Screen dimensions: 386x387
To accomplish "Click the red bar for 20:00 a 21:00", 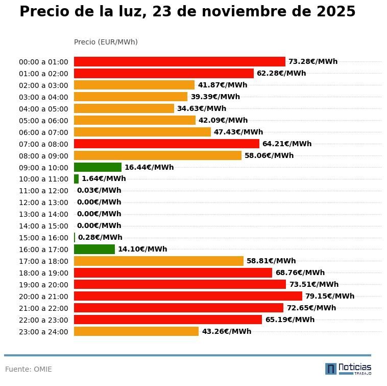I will click(x=188, y=296).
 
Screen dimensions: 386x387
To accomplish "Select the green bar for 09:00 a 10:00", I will click(x=98, y=167).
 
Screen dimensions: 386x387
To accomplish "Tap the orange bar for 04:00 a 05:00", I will click(x=124, y=108).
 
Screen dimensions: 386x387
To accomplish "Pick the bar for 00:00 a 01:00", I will click(x=179, y=61).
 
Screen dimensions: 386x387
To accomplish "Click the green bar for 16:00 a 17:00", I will click(x=94, y=249).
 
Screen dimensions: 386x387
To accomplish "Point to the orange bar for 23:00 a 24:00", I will click(x=136, y=331).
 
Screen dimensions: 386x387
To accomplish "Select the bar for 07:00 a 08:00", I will click(x=166, y=144).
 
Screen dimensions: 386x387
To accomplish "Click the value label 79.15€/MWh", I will click(x=330, y=296).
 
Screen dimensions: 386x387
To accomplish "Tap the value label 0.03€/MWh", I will click(x=99, y=191).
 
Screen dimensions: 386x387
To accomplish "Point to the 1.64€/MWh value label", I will click(x=104, y=179).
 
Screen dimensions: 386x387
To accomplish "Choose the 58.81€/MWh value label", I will click(x=271, y=261).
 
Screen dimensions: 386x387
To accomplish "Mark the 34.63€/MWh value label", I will click(x=202, y=108).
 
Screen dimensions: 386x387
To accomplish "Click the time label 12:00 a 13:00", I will click(x=43, y=202).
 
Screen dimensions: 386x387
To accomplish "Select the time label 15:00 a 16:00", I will click(x=43, y=238).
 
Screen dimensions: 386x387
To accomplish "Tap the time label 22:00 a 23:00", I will click(x=43, y=320).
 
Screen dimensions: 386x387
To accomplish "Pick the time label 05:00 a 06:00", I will click(x=43, y=121).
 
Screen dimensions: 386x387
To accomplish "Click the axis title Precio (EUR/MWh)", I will click(x=106, y=42).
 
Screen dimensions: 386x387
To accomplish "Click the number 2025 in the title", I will click(x=336, y=12).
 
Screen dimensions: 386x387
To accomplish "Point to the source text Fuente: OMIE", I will click(x=29, y=369).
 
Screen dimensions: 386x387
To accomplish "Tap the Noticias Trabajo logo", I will click(x=348, y=369).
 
